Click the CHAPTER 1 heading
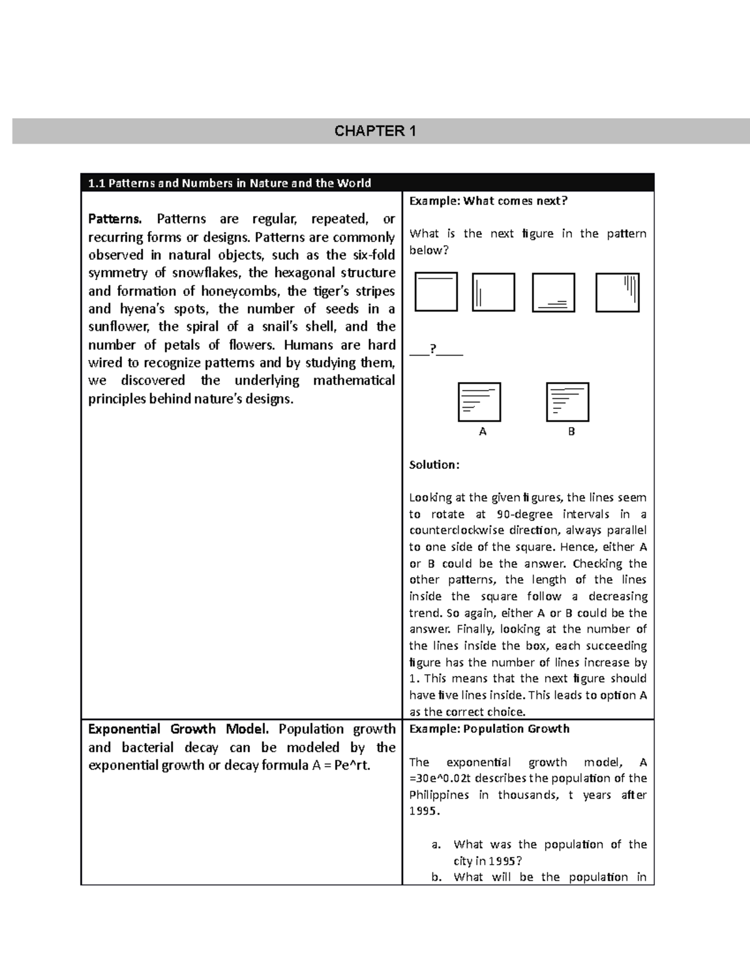(375, 131)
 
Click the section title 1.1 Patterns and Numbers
(229, 183)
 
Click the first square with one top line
(436, 291)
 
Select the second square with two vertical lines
(493, 292)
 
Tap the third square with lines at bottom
(553, 292)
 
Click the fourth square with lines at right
(617, 292)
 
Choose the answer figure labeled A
(479, 402)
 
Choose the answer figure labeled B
(567, 402)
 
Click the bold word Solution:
(434, 465)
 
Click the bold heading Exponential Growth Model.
(178, 729)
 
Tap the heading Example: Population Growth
(489, 728)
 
